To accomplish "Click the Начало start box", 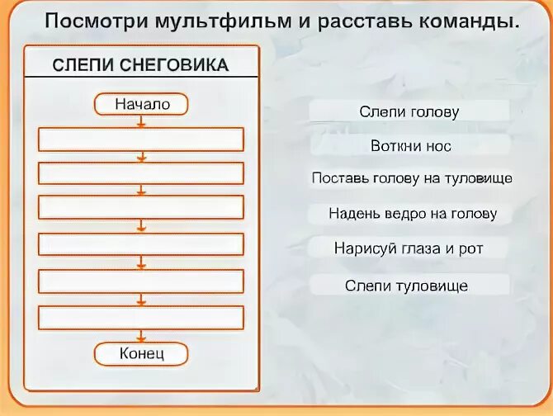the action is click(x=142, y=104).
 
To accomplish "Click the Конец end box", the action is click(x=142, y=354).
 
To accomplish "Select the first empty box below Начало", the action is click(x=142, y=139).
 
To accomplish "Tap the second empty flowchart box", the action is click(x=142, y=173).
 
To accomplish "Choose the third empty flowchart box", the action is click(x=142, y=207).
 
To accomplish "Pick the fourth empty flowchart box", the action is click(x=142, y=244).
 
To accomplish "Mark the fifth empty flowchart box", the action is click(x=142, y=281).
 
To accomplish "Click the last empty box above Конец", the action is click(x=142, y=318).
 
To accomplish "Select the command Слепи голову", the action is click(x=409, y=111).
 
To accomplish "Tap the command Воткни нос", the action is click(x=410, y=146).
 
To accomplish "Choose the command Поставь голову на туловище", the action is click(x=412, y=178).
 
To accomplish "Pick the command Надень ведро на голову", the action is click(x=412, y=214).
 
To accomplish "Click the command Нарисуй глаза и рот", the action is click(x=409, y=248).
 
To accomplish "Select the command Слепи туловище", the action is click(x=407, y=286).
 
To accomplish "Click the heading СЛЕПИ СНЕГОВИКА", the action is click(x=140, y=65).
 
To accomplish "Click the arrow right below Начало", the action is click(x=142, y=121).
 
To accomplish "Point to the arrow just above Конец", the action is click(x=142, y=336).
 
